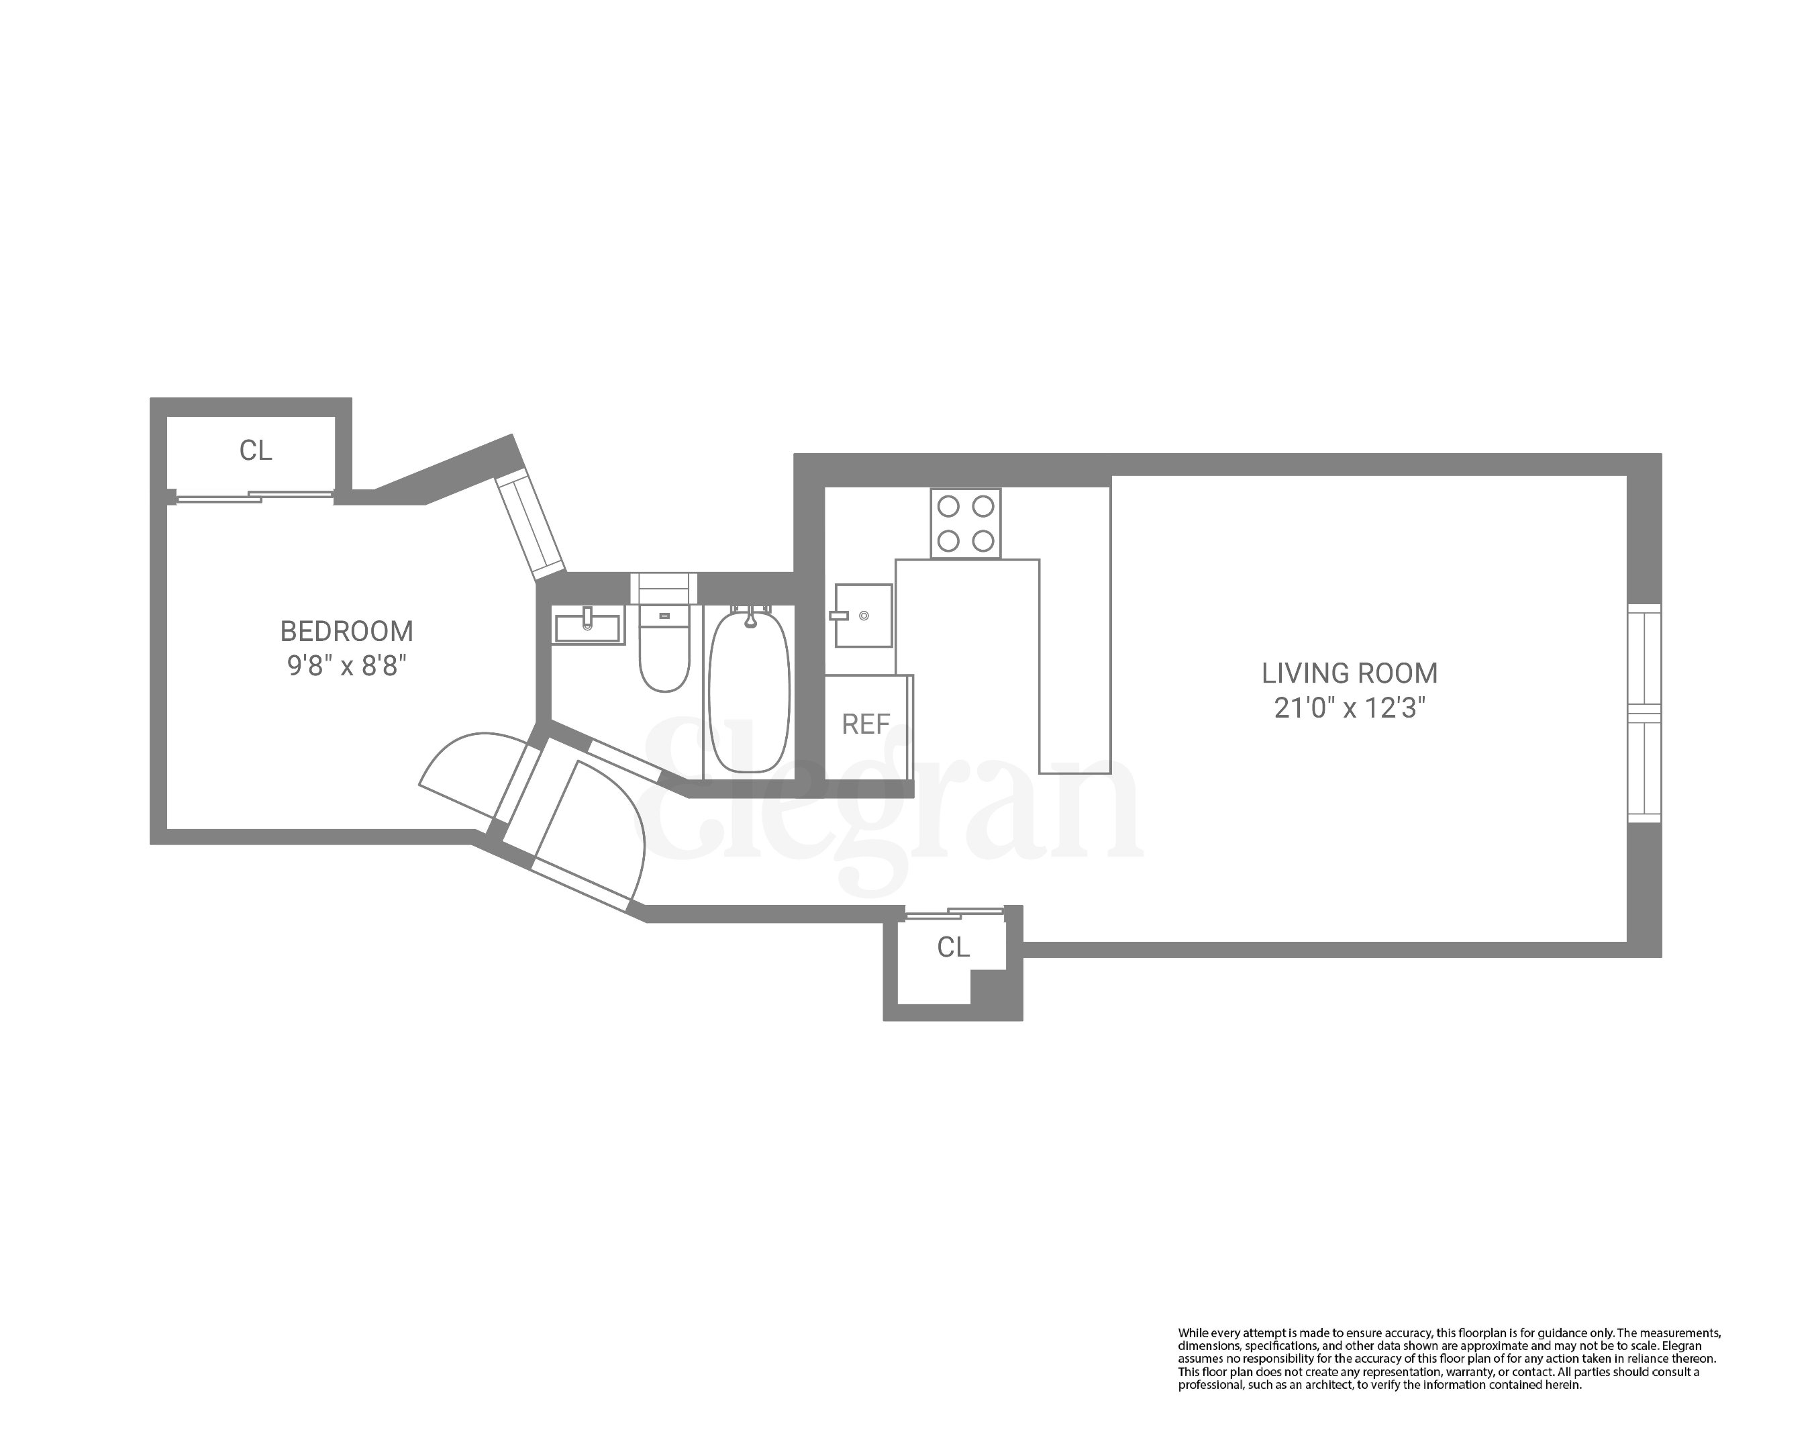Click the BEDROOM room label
point(346,631)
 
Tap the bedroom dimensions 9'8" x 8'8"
point(346,666)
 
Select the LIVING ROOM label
point(1349,673)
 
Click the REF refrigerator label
point(866,724)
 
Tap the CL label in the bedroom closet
point(256,450)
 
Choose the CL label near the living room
point(953,947)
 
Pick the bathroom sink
point(587,626)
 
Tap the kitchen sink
point(863,616)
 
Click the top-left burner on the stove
point(948,507)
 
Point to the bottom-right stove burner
point(983,541)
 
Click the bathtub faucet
point(750,620)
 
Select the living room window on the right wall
point(1644,713)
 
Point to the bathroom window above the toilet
point(664,587)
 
